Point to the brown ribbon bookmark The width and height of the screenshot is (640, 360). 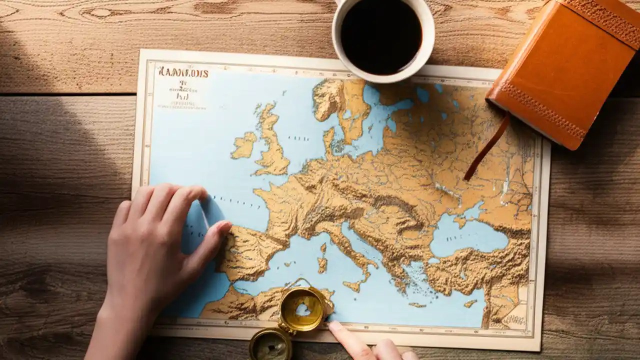point(487,148)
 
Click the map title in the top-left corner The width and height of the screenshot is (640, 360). point(183,72)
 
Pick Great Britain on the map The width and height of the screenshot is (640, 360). point(272,145)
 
